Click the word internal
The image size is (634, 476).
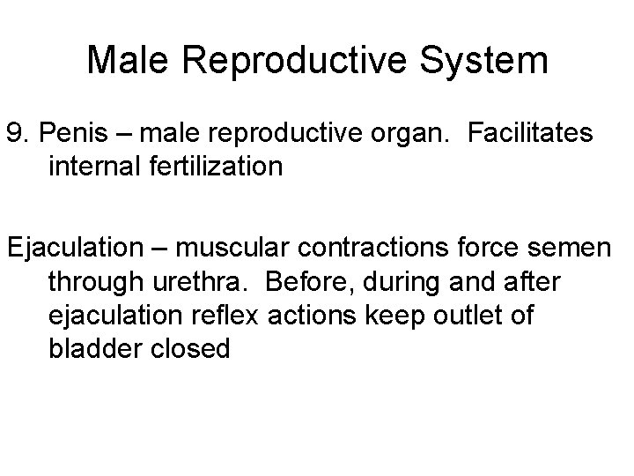point(94,167)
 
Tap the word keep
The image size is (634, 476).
point(392,316)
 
